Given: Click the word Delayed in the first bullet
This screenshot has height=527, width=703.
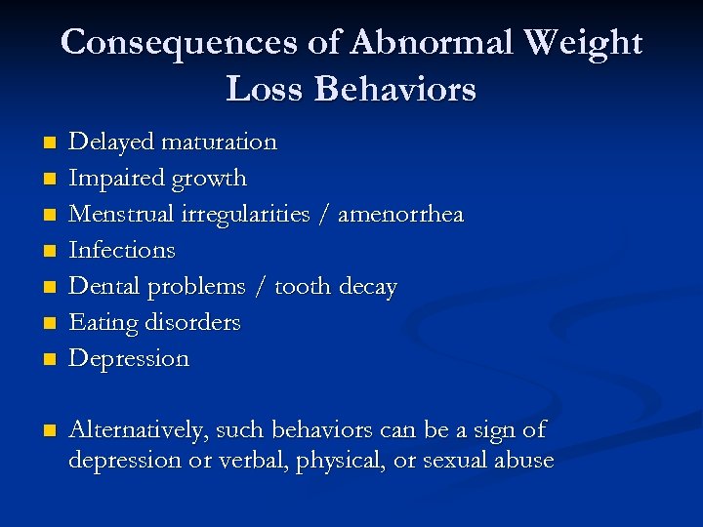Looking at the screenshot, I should point(105,142).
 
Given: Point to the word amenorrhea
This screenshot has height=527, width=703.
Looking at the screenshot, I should point(400,214).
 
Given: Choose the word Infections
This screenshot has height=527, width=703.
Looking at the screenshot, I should point(122,250).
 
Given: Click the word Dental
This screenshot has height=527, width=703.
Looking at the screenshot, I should point(100,286).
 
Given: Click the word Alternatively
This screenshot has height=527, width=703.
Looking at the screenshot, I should point(138,430).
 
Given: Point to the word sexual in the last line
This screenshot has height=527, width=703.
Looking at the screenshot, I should point(455,461).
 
